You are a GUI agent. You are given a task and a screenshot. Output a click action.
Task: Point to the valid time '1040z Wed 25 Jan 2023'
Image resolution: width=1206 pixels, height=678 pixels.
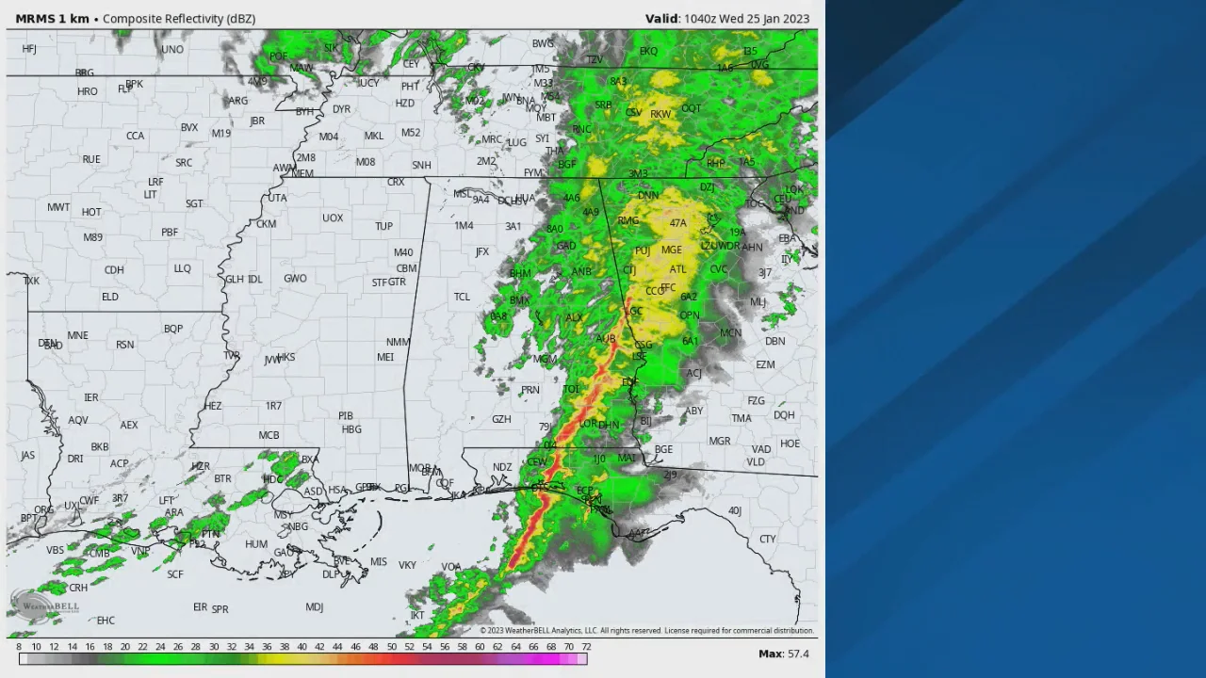[745, 19]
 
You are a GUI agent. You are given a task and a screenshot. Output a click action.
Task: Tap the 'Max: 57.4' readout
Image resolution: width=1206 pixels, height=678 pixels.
[783, 654]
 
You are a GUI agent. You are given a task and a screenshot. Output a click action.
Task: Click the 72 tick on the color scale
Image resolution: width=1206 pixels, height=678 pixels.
[586, 647]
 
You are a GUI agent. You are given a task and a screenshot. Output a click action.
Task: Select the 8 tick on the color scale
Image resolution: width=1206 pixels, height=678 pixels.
[19, 647]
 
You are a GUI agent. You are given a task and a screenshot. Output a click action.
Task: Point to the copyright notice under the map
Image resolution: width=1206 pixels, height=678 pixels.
[646, 631]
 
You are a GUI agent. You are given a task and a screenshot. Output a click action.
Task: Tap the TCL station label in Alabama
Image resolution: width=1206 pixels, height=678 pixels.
[462, 297]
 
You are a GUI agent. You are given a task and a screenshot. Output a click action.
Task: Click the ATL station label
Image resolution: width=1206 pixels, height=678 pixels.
[677, 269]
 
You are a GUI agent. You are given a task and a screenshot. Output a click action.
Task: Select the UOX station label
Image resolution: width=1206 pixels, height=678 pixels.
[333, 218]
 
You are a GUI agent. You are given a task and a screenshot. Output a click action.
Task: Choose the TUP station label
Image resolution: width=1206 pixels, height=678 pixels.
[383, 226]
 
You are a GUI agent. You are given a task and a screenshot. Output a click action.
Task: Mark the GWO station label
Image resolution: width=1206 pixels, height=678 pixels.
[295, 279]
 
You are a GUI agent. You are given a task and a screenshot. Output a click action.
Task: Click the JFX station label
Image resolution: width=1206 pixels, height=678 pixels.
[482, 252]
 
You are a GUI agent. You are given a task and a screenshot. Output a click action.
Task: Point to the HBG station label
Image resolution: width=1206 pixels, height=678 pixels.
[351, 429]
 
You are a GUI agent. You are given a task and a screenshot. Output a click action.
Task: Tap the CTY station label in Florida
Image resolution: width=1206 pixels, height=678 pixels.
[767, 540]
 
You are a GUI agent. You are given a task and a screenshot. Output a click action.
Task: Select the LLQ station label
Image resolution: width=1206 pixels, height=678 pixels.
[182, 268]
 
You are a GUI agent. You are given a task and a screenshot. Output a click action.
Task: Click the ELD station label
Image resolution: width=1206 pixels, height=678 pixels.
[110, 297]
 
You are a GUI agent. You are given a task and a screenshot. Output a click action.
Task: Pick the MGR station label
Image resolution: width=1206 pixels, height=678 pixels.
[720, 441]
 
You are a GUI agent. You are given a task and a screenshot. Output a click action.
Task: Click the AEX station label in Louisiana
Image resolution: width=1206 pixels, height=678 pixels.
[129, 425]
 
